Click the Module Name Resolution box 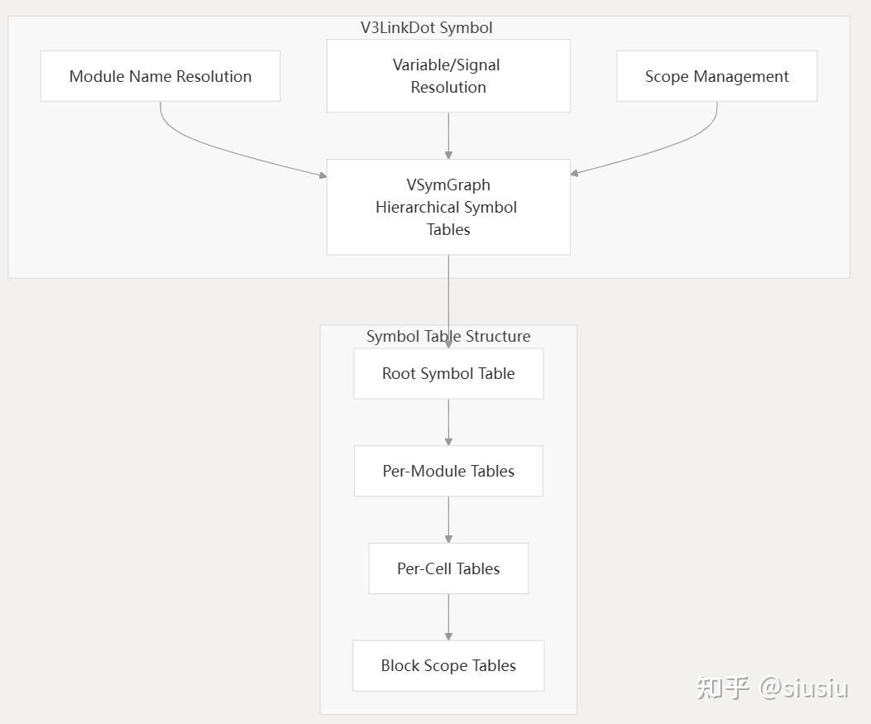160,76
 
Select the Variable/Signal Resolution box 448,76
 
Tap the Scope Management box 716,76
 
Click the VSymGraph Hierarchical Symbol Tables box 448,207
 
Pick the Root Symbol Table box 448,373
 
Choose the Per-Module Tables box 448,471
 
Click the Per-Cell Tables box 448,568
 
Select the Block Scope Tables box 448,665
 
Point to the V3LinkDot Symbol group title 426,27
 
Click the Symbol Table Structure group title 448,336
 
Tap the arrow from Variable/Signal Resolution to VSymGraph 448,135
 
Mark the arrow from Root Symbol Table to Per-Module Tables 448,422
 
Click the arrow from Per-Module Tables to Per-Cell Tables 448,520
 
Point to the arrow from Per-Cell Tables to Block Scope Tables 448,616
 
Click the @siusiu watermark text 804,687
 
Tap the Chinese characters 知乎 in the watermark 723,687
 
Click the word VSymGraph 448,185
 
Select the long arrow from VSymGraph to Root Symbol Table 448,298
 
